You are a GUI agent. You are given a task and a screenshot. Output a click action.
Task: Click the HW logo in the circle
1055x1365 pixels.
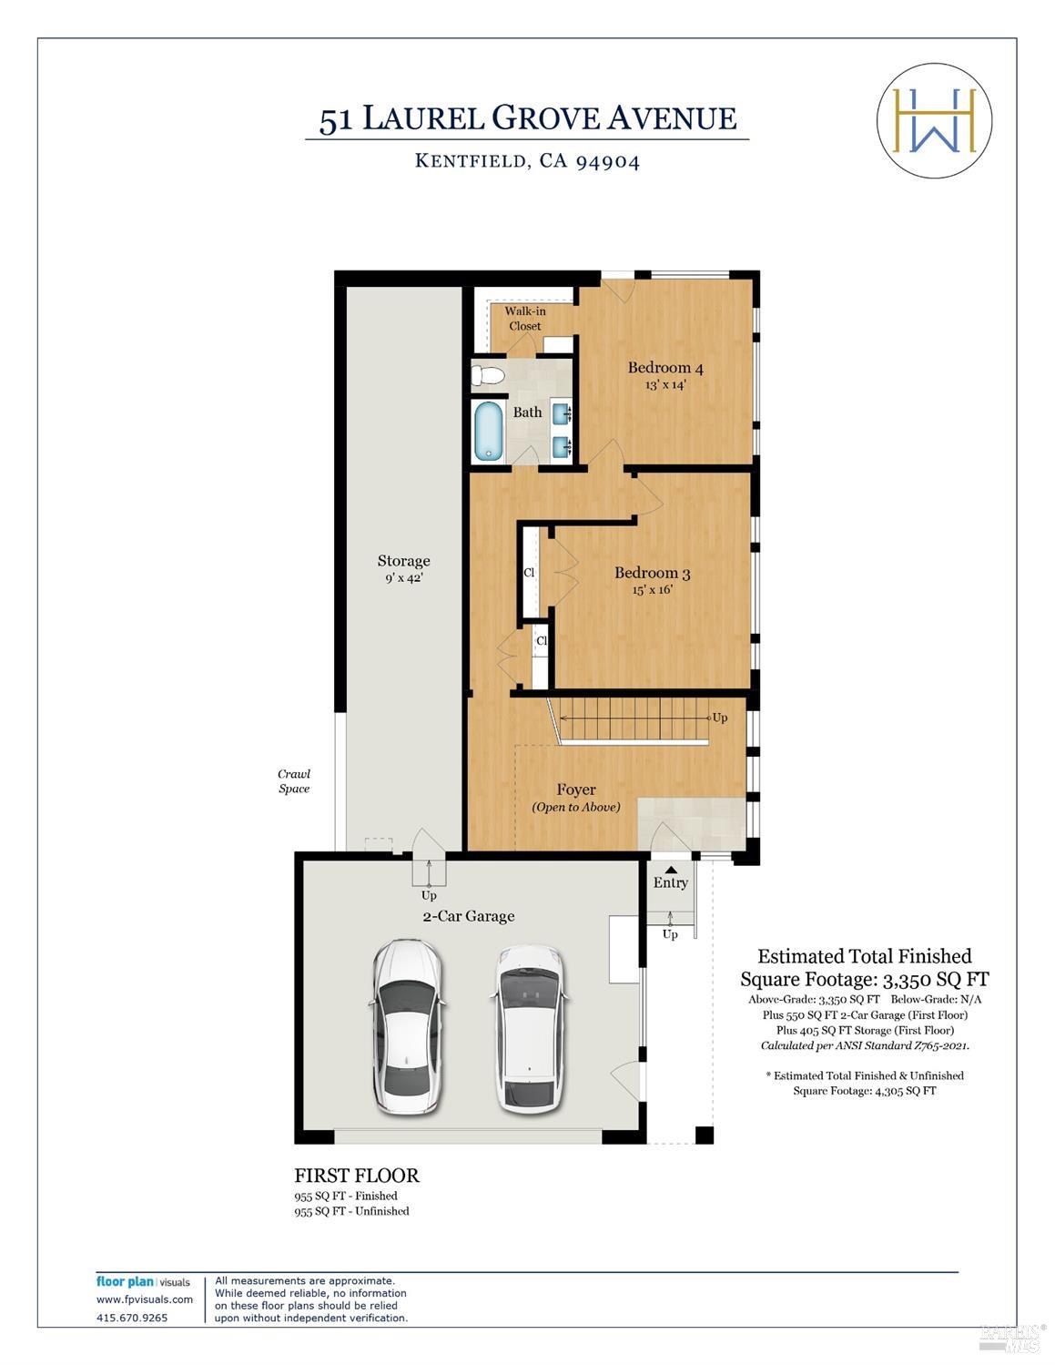coord(934,120)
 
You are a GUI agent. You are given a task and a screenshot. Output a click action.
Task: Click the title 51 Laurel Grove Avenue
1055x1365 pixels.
coord(527,118)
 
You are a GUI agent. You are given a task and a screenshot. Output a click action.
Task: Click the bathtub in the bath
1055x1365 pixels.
coord(488,431)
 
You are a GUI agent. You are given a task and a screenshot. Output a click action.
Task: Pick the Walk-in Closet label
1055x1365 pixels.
coord(525,319)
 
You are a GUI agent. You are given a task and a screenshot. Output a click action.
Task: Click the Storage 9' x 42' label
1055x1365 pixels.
coord(403,568)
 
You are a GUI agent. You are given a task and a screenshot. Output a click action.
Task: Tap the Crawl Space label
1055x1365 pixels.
coord(294,781)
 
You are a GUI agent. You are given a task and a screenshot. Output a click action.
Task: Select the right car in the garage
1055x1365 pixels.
coord(529,1027)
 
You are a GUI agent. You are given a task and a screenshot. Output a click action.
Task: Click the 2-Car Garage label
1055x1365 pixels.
coord(468,916)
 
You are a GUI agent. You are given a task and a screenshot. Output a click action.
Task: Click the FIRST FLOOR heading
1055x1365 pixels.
coord(357,1176)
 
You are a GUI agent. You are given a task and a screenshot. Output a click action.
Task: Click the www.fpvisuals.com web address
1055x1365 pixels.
coord(145,1299)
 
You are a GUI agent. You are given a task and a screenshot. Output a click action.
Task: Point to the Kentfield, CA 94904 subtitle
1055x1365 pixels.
coord(527,161)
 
